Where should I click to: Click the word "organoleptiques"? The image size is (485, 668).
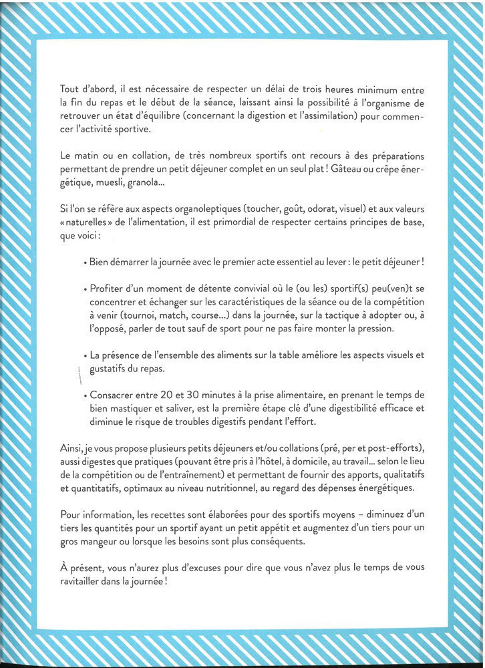(216, 209)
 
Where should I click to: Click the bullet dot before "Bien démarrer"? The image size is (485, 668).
(86, 263)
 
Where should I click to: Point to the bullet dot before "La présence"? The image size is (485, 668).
(86, 356)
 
